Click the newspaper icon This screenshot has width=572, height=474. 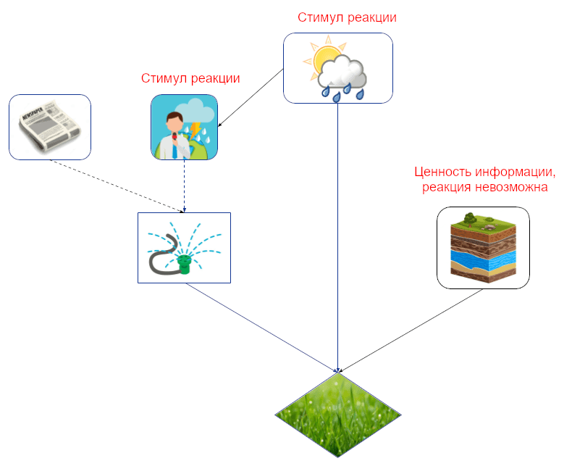tap(49, 127)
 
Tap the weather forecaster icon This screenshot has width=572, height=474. tap(184, 128)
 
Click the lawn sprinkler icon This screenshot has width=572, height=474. tap(184, 247)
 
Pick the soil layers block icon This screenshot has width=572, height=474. tap(483, 248)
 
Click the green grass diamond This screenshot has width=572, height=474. tap(338, 415)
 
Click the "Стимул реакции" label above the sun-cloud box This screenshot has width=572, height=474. tap(347, 17)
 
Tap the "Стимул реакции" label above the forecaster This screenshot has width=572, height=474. tap(190, 78)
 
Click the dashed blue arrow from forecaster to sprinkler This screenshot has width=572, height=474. tap(184, 186)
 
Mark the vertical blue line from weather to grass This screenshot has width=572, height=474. tap(338, 232)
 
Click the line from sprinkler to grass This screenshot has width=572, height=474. tap(261, 326)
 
